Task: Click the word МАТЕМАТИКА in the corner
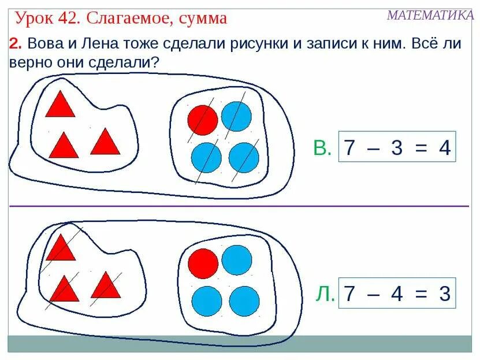(430, 15)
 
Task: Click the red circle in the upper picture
(203, 120)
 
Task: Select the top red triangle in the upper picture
(60, 105)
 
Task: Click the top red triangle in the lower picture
(61, 248)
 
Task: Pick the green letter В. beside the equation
(322, 149)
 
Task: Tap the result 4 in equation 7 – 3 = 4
(444, 148)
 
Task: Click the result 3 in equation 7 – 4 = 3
(444, 294)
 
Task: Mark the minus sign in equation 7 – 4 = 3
(373, 294)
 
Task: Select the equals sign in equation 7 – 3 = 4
(421, 148)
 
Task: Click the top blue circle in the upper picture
(236, 116)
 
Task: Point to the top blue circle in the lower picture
(237, 260)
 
